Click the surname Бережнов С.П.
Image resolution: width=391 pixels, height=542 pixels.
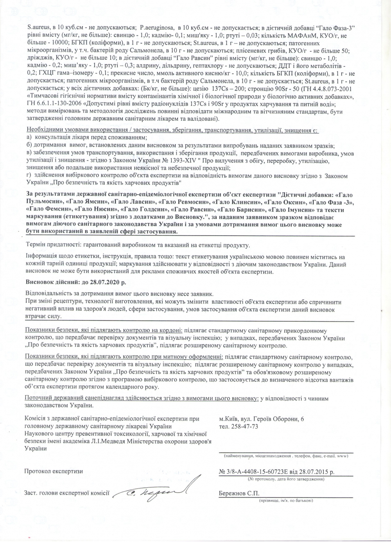(x=239, y=494)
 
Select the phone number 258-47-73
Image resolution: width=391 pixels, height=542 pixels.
(x=244, y=426)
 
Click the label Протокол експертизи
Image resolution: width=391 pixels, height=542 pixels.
(x=54, y=471)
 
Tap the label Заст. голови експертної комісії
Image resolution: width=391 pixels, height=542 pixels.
(x=67, y=493)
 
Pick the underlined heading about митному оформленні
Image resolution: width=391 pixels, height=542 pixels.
(x=124, y=357)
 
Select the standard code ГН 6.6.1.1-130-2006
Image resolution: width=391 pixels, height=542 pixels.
(x=54, y=104)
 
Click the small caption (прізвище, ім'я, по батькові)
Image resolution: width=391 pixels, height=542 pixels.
(x=285, y=501)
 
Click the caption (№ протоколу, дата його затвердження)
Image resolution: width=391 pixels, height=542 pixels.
(x=285, y=479)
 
